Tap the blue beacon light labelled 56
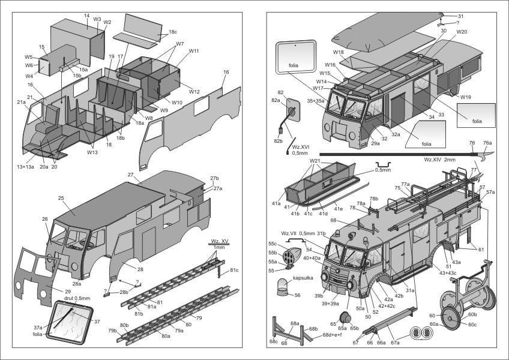281,286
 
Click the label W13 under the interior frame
91,152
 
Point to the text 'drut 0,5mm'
77,298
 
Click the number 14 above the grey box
86,16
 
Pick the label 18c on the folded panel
173,31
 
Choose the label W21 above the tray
315,161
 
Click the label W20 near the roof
462,31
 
